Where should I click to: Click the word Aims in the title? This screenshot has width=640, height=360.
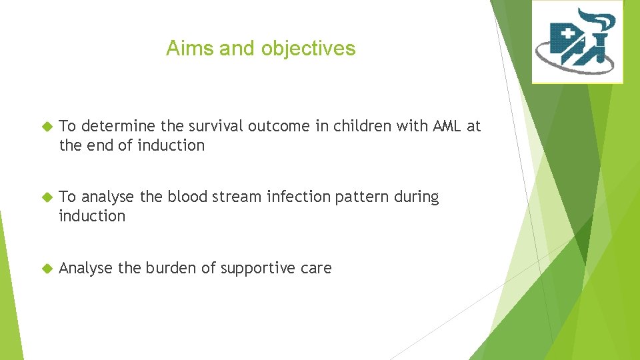pos(190,48)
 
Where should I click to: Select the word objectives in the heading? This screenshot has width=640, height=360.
pos(308,49)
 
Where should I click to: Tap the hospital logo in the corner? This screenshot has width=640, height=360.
pos(577,41)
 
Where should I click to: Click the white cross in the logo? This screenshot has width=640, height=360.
pos(568,34)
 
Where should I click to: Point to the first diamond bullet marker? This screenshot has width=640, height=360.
pos(47,127)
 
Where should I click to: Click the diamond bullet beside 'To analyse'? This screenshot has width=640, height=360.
pos(47,197)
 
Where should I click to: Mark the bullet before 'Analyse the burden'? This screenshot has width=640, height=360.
pos(47,268)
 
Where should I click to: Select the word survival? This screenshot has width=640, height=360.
pos(215,126)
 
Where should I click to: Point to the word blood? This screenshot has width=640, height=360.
pos(187,197)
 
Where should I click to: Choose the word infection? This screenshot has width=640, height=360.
pos(299,197)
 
